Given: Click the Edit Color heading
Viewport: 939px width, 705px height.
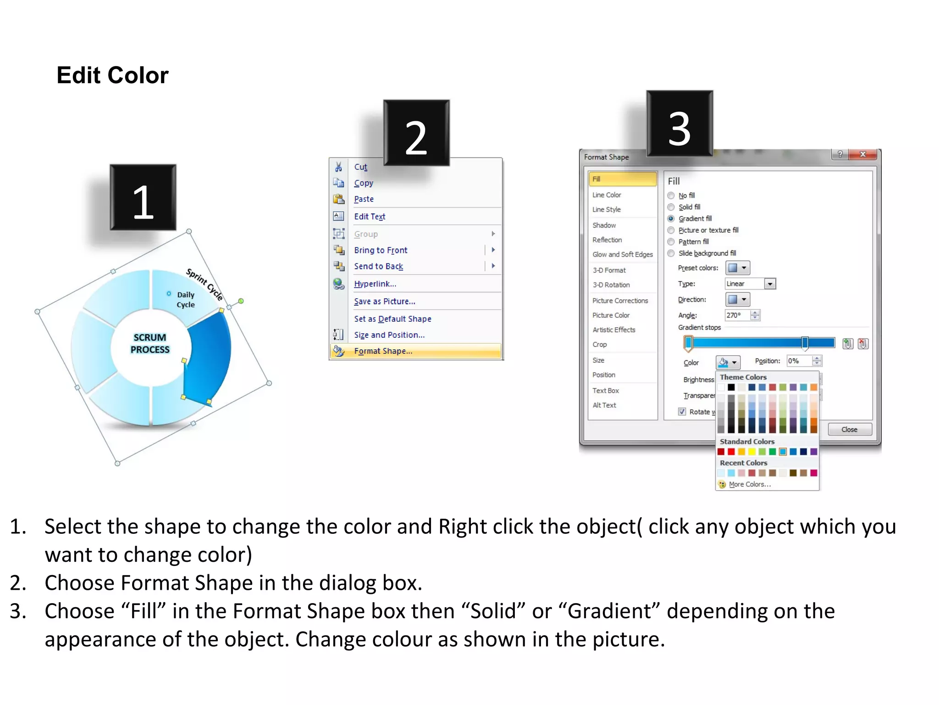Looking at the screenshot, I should point(112,75).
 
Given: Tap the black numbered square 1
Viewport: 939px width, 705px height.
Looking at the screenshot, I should point(143,197).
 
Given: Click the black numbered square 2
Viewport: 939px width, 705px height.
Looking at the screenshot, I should point(416,133).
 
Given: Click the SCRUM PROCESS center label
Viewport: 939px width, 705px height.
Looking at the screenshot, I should point(150,343).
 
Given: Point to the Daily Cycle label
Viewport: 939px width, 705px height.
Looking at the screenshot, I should point(186,300).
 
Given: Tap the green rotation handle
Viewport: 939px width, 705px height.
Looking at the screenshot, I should point(241,301).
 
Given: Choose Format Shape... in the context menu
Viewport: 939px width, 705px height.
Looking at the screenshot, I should point(383,351).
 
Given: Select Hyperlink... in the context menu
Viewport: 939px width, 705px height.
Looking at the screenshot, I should point(375,284).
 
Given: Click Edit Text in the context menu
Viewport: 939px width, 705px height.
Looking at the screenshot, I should point(370,217).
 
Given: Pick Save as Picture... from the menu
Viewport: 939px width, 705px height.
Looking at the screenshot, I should point(384,302).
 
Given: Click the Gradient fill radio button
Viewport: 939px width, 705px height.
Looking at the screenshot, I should point(671,218).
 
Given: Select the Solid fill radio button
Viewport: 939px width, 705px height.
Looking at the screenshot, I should point(671,207).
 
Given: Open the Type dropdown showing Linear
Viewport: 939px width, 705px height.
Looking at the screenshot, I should point(770,284).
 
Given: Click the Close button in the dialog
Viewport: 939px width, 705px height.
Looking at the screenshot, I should point(849,430).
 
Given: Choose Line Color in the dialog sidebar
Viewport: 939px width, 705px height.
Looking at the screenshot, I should point(607,195).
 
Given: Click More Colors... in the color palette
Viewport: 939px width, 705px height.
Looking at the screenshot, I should point(750,484).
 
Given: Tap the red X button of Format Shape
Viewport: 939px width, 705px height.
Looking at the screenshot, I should point(862,154).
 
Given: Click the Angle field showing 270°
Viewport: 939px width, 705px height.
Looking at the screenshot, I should point(737,315).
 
